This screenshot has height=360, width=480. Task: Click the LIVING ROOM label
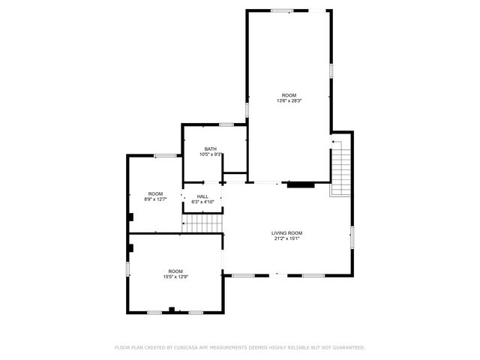coord(286,233)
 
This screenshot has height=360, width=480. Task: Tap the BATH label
coord(210,149)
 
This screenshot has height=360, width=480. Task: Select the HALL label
coord(202,196)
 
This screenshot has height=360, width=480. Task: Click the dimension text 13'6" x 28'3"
coord(289,100)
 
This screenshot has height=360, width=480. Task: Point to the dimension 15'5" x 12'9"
coord(175,277)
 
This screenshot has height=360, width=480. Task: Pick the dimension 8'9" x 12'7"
coord(155,199)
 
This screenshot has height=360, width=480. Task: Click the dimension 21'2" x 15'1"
coord(286,239)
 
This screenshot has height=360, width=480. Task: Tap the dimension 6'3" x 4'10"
coord(202,202)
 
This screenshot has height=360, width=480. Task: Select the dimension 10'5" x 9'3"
coord(211,154)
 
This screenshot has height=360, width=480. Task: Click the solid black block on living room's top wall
coord(301,183)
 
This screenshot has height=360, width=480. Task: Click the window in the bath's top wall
coord(226,124)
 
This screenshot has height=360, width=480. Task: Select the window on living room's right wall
coord(352,237)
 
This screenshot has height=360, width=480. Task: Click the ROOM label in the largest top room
coord(289,94)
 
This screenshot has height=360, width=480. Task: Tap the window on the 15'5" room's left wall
coord(127,268)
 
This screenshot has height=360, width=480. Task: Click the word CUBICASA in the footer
coord(187,347)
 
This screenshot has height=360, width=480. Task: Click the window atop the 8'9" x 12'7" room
coord(165,155)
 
